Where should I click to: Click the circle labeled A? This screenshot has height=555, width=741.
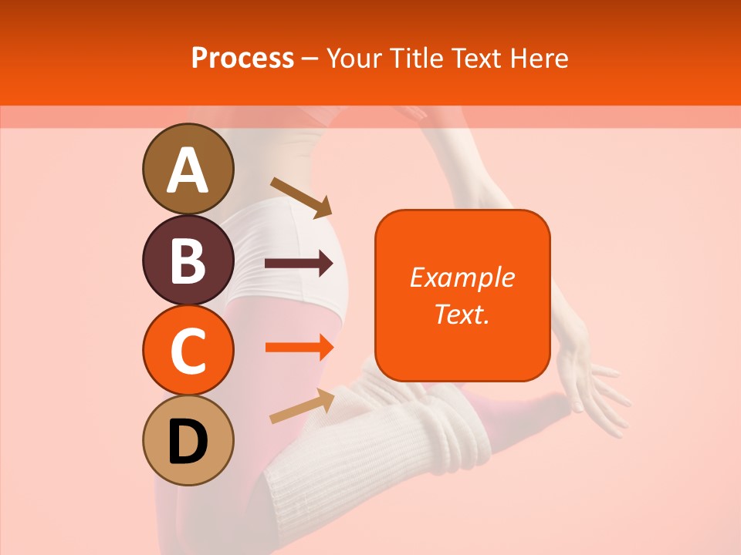point(188,169)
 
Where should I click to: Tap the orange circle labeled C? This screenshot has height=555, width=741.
point(188,350)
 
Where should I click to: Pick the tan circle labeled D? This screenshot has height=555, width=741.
point(188,440)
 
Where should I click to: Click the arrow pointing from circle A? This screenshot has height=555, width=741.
point(300,197)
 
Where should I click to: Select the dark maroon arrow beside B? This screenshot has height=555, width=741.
point(299,264)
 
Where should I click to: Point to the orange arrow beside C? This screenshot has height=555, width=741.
point(299,347)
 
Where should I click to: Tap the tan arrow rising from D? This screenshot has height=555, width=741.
point(302,405)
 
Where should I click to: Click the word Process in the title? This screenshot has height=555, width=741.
point(242,58)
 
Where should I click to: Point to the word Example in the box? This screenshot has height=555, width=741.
point(462,277)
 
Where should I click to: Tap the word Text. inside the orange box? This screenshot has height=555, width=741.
point(462,314)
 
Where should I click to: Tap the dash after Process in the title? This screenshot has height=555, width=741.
point(310,59)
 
